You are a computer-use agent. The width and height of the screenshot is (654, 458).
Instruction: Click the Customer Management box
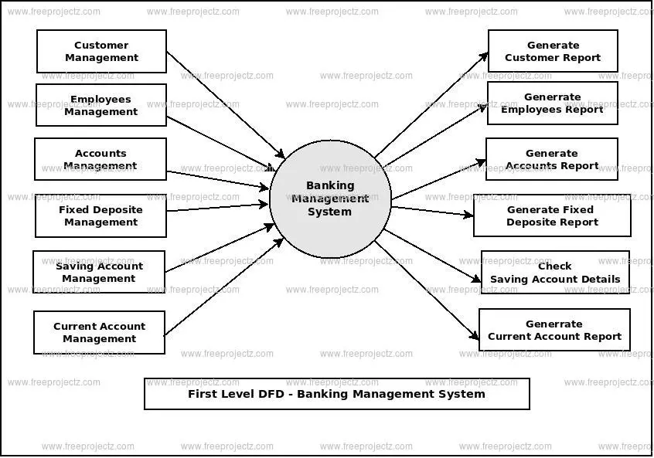[101, 52]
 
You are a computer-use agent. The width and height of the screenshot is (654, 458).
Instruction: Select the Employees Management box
[100, 105]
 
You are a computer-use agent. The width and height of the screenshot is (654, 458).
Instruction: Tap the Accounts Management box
[100, 159]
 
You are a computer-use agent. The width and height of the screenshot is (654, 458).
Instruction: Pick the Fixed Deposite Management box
[100, 215]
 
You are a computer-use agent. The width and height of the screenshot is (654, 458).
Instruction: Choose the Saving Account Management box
[99, 272]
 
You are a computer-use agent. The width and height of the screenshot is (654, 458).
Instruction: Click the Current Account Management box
[99, 332]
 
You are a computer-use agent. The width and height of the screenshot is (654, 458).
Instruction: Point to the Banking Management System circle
[330, 198]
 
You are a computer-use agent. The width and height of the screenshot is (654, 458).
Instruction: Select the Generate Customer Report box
[553, 51]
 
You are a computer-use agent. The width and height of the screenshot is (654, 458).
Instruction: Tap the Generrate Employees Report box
[552, 103]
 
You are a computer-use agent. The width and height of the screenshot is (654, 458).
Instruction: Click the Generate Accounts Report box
[551, 159]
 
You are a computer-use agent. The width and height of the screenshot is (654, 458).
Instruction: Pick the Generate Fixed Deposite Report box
[552, 215]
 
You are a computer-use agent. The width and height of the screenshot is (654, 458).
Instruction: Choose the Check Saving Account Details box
[555, 272]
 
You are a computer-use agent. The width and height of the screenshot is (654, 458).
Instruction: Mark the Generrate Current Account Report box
[554, 330]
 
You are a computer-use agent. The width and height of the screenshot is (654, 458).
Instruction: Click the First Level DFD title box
[336, 394]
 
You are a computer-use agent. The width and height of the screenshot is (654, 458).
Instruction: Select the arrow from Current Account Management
[224, 287]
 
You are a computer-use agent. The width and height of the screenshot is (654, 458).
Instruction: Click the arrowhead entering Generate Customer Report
[484, 56]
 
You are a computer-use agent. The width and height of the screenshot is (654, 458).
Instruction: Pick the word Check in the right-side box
[554, 266]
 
